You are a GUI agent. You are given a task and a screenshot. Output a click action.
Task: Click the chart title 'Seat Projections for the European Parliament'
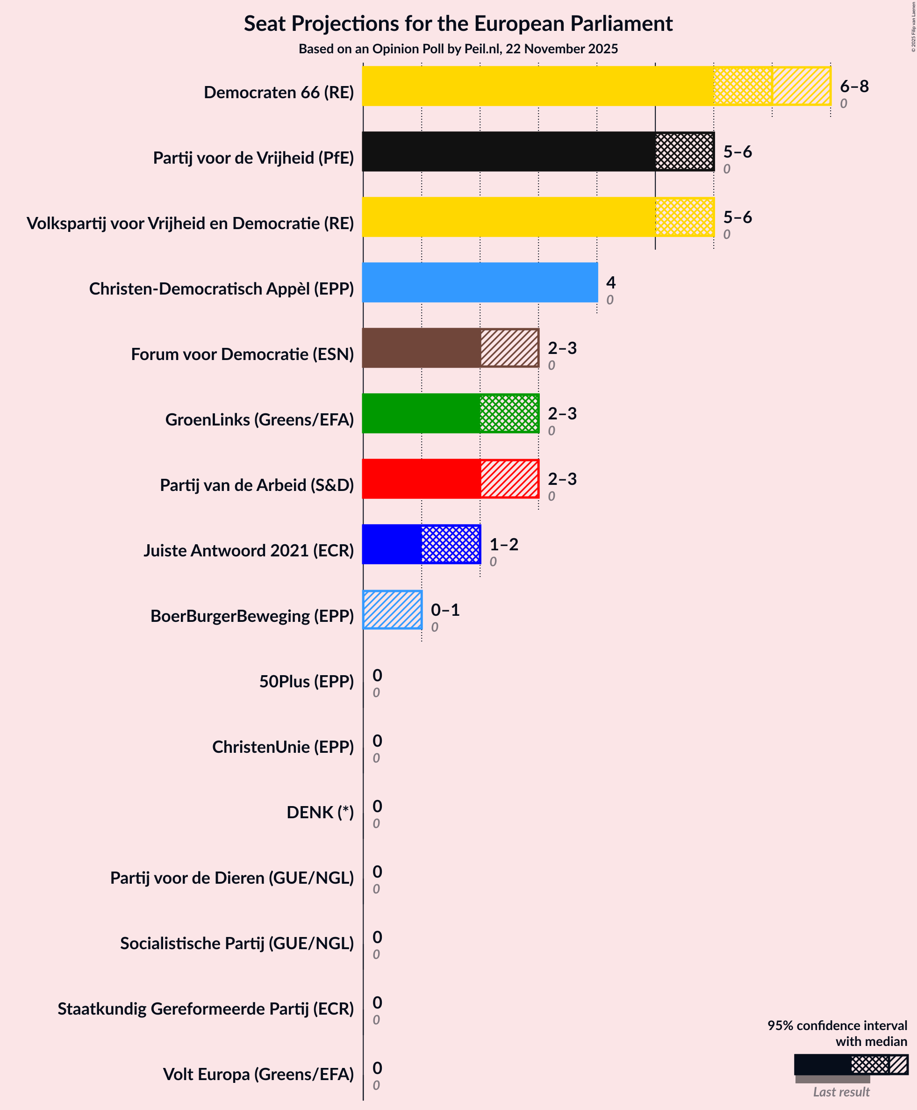(x=458, y=24)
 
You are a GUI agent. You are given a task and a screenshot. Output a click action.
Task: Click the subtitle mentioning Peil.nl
(x=458, y=49)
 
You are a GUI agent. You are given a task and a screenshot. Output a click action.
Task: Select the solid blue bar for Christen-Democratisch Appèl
(x=480, y=282)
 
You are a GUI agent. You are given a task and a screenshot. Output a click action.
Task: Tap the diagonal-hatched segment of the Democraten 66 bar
(x=801, y=86)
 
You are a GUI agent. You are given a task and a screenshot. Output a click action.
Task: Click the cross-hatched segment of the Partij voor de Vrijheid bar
(x=684, y=151)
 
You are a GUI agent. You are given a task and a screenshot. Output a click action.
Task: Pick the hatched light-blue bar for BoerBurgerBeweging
(x=392, y=610)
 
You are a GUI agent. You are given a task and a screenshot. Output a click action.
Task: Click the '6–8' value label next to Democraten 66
(x=854, y=86)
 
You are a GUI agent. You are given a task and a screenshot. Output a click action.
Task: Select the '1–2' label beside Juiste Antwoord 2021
(x=503, y=544)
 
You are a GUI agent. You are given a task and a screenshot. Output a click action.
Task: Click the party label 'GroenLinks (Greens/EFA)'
(x=259, y=419)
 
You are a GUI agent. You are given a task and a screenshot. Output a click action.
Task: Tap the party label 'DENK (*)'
(x=320, y=812)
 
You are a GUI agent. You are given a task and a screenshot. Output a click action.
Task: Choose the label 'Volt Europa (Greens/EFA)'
(x=258, y=1074)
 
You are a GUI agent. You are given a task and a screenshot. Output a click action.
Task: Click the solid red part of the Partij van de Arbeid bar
(x=421, y=479)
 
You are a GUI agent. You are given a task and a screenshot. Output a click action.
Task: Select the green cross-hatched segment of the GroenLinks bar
(x=509, y=413)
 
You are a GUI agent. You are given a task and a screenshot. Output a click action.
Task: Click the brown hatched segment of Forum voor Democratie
(x=509, y=347)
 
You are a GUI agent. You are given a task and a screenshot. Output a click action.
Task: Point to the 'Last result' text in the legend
(x=841, y=1092)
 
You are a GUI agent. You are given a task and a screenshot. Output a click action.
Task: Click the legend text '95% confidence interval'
(x=837, y=1025)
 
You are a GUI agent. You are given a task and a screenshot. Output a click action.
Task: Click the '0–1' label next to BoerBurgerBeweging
(x=445, y=610)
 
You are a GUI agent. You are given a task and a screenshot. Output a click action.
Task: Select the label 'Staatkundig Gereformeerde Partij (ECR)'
(x=206, y=1009)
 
